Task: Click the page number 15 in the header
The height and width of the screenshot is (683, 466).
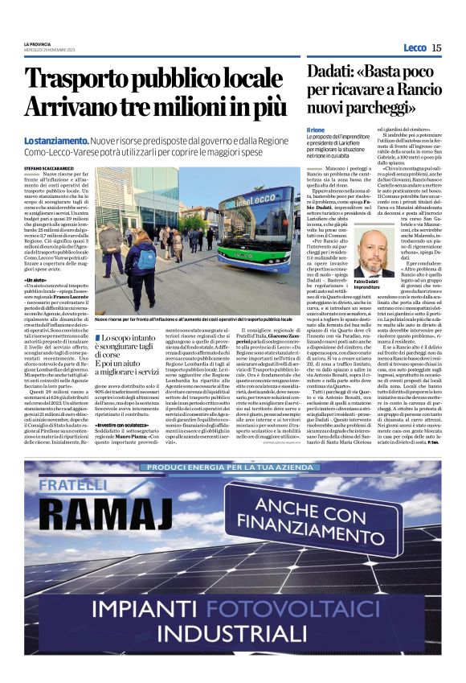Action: tap(436, 47)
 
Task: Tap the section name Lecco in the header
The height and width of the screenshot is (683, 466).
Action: tap(415, 47)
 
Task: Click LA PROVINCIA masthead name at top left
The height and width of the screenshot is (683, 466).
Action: tap(38, 43)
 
